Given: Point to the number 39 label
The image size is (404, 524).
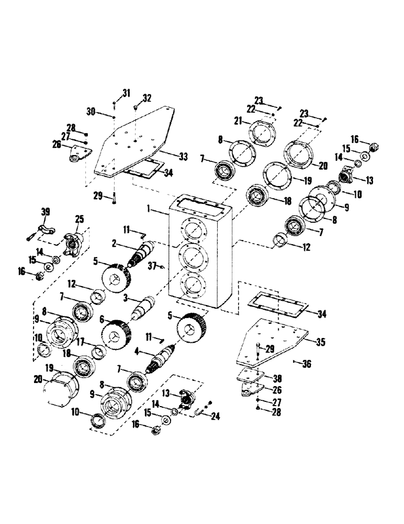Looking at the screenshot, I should tap(46, 211).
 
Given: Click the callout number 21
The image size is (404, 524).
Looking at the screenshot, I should tap(238, 121).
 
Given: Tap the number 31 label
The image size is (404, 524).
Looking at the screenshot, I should tap(126, 93).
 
